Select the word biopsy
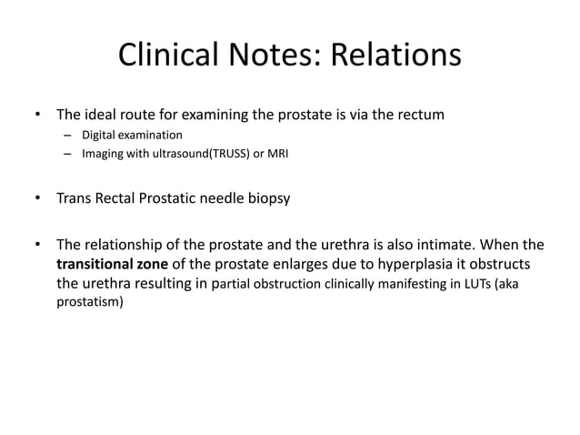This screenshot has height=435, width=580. (268, 197)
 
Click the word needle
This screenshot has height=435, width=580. (221, 197)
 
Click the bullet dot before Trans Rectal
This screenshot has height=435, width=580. (38, 197)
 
